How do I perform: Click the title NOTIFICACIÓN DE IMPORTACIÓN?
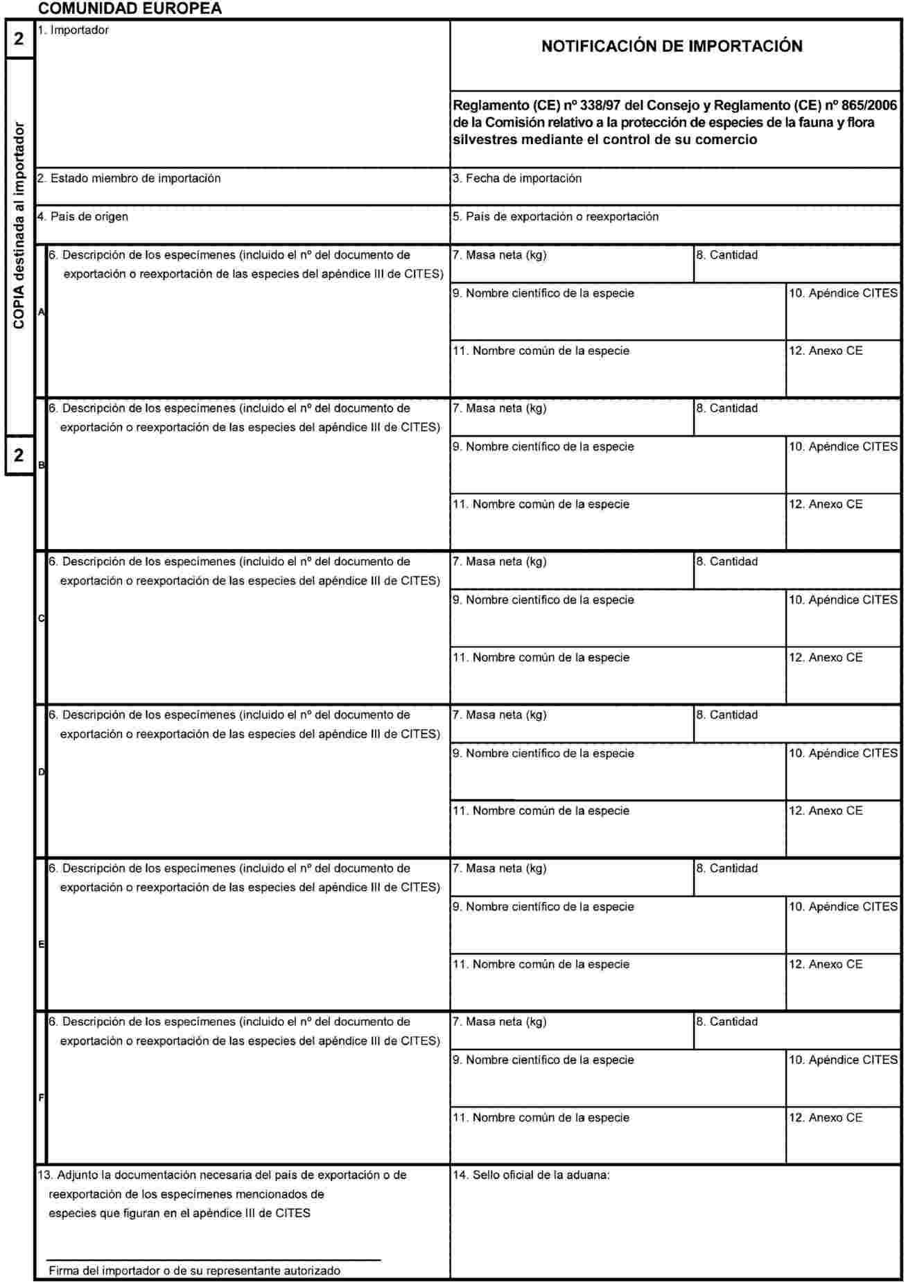[672, 46]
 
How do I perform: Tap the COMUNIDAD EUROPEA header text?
[130, 9]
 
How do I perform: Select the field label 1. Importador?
[73, 30]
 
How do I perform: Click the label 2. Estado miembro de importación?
[129, 178]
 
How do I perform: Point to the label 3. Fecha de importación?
[516, 178]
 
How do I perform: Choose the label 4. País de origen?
[82, 216]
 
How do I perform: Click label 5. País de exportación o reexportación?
[555, 216]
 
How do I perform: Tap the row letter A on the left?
[41, 313]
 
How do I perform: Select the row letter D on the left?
[41, 772]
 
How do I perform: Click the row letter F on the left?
[41, 1098]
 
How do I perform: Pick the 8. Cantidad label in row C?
[726, 561]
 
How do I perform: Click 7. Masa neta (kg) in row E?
[499, 869]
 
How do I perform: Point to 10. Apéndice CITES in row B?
[842, 447]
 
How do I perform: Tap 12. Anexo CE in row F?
[825, 1117]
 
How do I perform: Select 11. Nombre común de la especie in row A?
[541, 351]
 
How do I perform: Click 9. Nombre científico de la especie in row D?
[543, 753]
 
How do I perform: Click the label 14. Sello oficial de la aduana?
[531, 1175]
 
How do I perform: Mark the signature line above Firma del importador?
[214, 1259]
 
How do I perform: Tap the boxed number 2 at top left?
[19, 39]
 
